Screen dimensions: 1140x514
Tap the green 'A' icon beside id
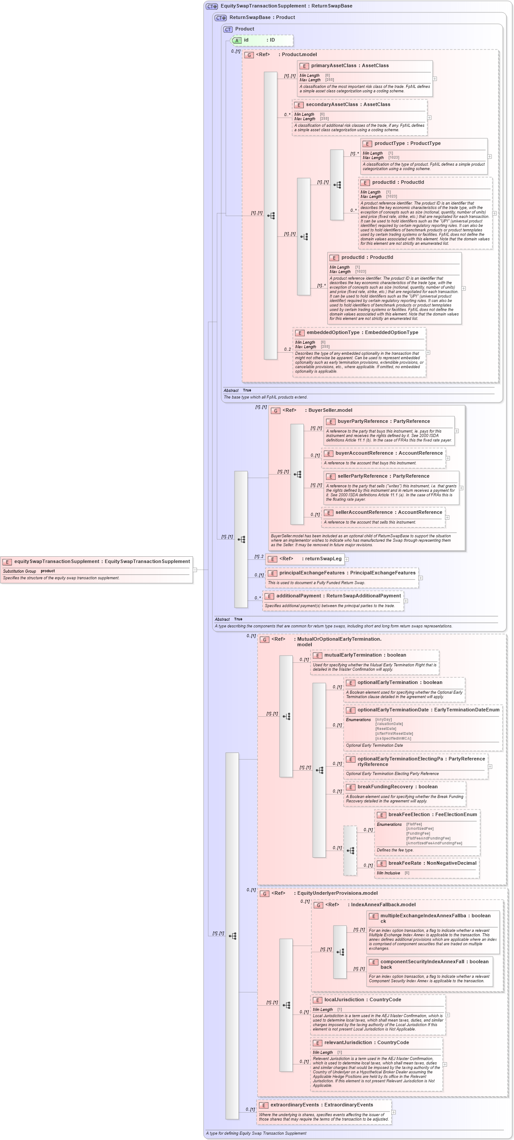pyautogui.click(x=237, y=40)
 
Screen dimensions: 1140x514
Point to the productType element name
pyautogui.click(x=389, y=144)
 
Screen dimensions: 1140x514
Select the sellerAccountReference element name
pyautogui.click(x=363, y=512)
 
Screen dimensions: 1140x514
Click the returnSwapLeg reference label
pyautogui.click(x=321, y=559)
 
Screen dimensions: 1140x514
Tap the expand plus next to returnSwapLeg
pyautogui.click(x=347, y=559)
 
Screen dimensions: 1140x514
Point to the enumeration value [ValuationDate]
pyautogui.click(x=389, y=724)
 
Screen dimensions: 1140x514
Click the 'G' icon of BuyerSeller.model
pyautogui.click(x=275, y=410)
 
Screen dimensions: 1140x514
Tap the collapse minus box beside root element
pyautogui.click(x=195, y=570)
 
